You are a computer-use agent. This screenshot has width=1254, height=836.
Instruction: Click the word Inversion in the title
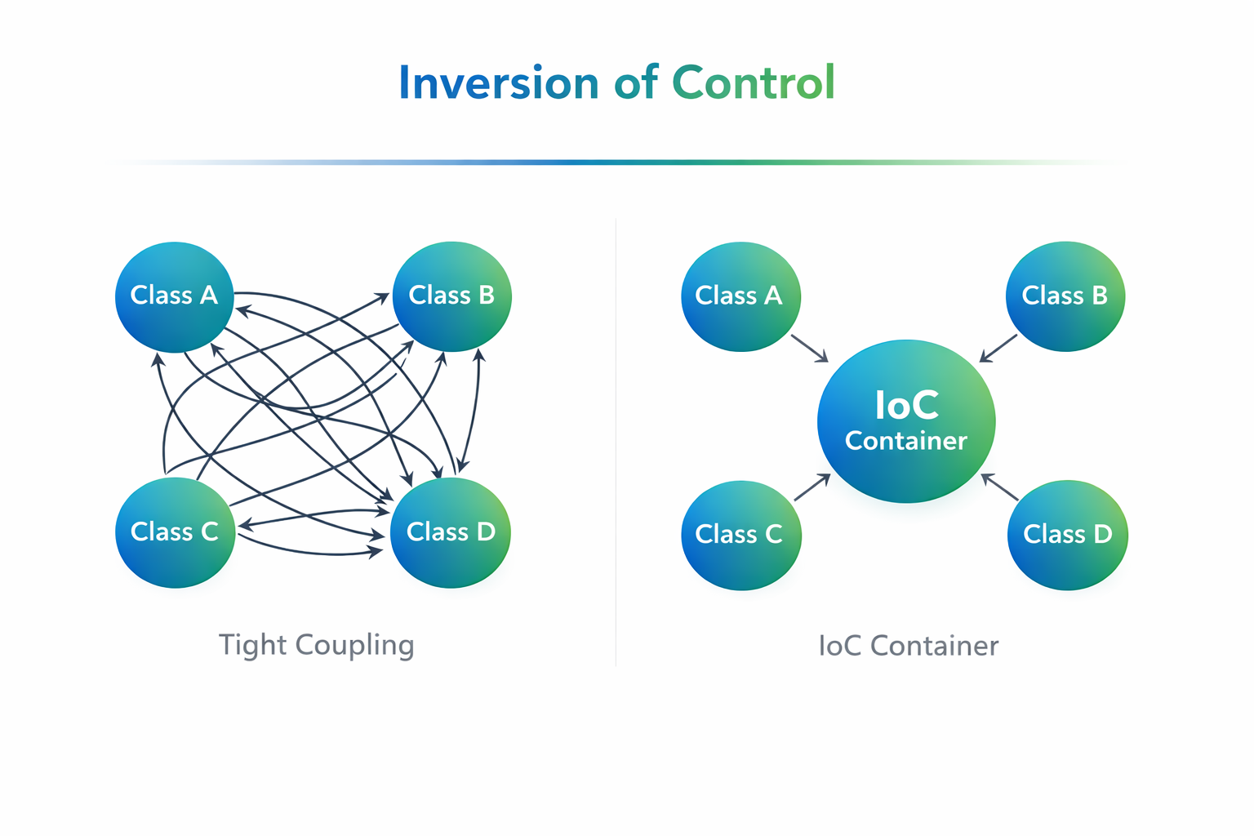[x=498, y=83]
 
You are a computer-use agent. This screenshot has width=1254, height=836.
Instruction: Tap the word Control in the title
[x=753, y=83]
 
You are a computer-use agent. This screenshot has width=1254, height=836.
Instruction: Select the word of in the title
[x=635, y=83]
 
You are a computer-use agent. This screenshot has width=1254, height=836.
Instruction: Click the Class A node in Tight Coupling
[x=174, y=296]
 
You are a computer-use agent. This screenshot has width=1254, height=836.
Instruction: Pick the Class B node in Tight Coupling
[x=451, y=296]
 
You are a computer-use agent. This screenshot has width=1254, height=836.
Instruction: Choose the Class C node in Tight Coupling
[x=175, y=532]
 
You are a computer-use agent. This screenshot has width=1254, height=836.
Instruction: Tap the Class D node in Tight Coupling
[x=451, y=532]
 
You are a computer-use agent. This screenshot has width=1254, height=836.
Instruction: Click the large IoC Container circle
[x=906, y=420]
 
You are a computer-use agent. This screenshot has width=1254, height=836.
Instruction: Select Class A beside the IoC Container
[x=740, y=296]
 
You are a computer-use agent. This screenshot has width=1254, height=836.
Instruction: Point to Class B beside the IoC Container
[x=1065, y=296]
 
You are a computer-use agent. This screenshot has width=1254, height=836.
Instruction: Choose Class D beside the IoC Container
[x=1067, y=535]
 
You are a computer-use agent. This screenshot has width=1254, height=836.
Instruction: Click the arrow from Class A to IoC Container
[x=810, y=349]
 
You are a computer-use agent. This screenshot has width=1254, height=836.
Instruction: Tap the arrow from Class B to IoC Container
[x=998, y=349]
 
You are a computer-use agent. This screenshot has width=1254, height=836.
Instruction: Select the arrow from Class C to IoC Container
[x=812, y=487]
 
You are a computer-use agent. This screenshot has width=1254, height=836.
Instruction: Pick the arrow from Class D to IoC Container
[x=999, y=487]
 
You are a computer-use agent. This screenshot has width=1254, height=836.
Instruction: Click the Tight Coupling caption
[x=317, y=645]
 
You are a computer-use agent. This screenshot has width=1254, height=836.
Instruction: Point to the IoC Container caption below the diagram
[x=908, y=646]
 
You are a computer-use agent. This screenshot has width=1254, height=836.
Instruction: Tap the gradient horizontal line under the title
[x=620, y=162]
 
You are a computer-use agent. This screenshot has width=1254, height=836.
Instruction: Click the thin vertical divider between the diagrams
[x=616, y=441]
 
